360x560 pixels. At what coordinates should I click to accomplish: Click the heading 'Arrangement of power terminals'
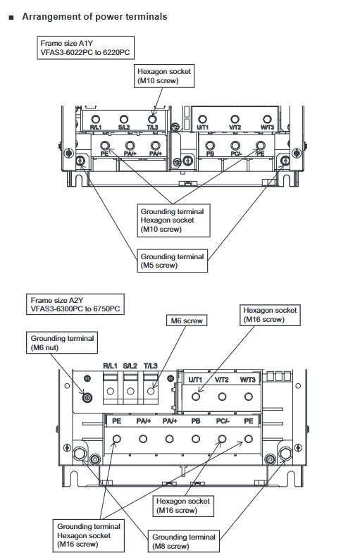coord(94,17)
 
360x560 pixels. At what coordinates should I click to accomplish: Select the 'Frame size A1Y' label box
coord(86,48)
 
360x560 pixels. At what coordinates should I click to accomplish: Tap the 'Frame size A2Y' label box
coord(75,304)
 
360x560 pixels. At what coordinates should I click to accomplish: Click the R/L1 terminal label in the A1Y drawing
coord(95,127)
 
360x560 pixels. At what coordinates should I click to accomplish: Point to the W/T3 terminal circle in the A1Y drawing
coord(267,119)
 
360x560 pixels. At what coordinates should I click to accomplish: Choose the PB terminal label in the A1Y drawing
coord(210,154)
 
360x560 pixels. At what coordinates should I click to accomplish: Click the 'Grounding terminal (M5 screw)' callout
coord(172,261)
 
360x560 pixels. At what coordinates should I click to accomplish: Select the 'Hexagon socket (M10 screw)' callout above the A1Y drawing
coord(164,76)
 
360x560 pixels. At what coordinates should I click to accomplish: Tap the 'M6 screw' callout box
coord(187,321)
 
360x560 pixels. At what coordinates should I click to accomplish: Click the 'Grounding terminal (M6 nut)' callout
coord(62,343)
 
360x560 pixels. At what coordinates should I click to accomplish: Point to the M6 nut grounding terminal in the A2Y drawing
coord(87,397)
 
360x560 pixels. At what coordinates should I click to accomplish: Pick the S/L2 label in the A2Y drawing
coord(130,366)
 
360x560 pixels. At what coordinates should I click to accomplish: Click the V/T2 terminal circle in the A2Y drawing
coord(222,397)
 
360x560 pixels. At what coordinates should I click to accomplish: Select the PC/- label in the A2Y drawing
coord(222,421)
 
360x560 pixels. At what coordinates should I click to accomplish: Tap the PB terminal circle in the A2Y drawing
coord(196,439)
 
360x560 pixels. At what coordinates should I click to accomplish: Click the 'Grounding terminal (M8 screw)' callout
coord(184,542)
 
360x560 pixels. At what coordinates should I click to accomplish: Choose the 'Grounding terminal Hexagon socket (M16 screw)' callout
coord(89,535)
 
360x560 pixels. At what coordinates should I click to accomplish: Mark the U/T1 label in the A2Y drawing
coord(195,380)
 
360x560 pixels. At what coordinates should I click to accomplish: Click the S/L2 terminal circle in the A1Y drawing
coord(124,119)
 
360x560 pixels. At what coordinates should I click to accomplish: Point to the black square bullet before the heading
coord(11,18)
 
